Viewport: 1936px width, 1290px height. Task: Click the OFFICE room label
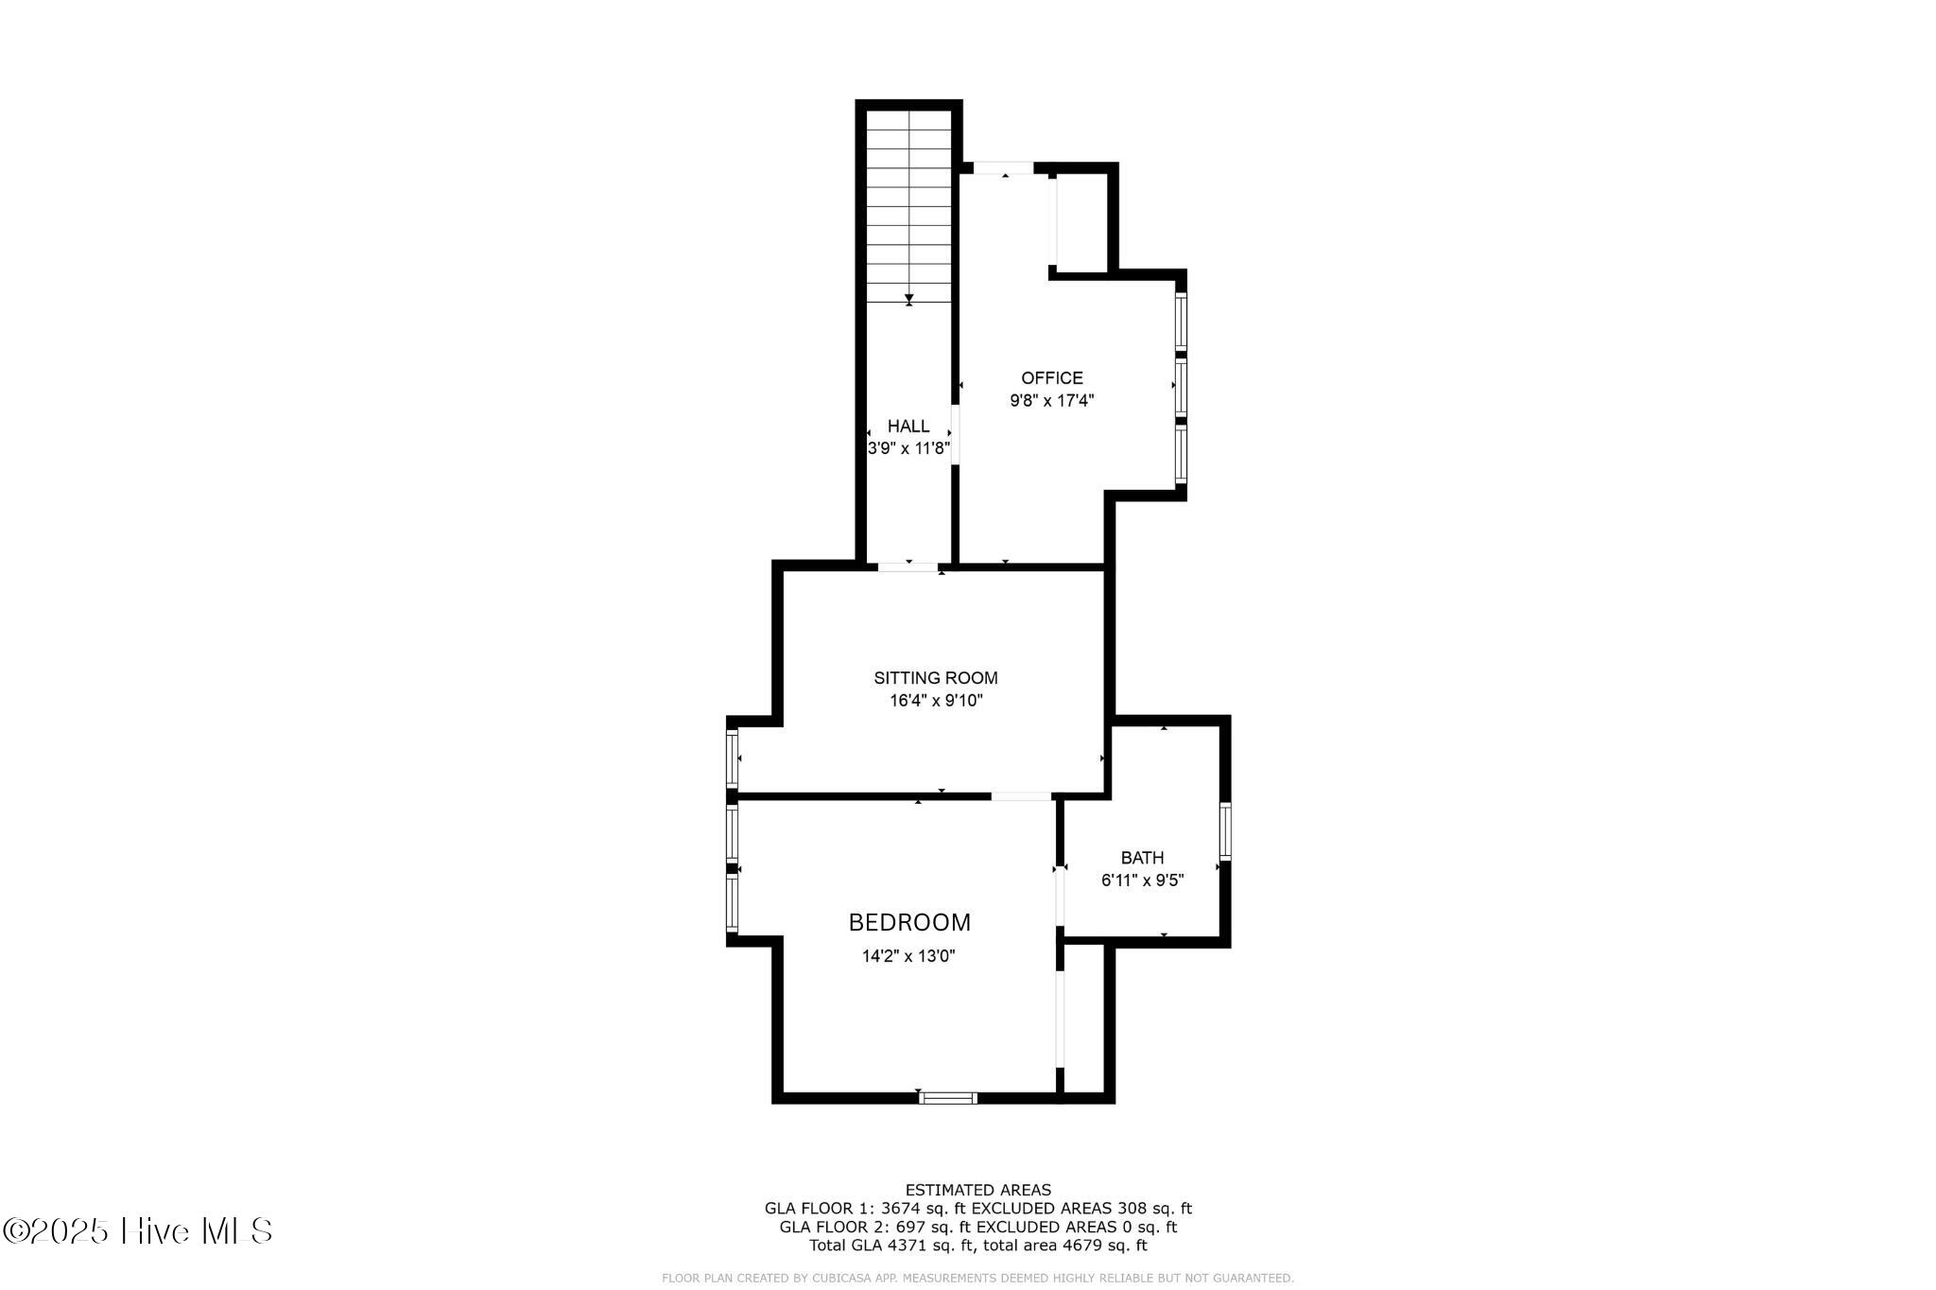(1051, 378)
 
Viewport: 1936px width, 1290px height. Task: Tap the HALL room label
(908, 427)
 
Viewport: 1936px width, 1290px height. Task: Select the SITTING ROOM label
(936, 678)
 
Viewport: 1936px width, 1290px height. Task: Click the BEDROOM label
(909, 922)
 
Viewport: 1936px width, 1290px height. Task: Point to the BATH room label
(1142, 858)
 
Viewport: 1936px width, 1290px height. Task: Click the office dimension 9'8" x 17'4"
(1052, 401)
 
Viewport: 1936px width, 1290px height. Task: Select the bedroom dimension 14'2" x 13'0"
(908, 956)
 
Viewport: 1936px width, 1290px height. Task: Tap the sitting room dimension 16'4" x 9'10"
(936, 701)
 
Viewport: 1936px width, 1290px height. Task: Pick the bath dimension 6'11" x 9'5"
(1142, 880)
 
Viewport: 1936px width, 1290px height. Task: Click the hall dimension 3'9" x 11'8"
(908, 448)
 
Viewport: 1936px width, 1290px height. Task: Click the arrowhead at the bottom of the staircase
(909, 299)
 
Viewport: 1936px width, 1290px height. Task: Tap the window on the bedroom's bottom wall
(948, 1098)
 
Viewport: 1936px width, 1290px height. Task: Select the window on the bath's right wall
(1225, 831)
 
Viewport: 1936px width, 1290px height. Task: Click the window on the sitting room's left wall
(732, 758)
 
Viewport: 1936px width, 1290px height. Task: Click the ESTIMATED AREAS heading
(978, 1190)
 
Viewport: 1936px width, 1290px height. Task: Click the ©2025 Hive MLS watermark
(138, 1230)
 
